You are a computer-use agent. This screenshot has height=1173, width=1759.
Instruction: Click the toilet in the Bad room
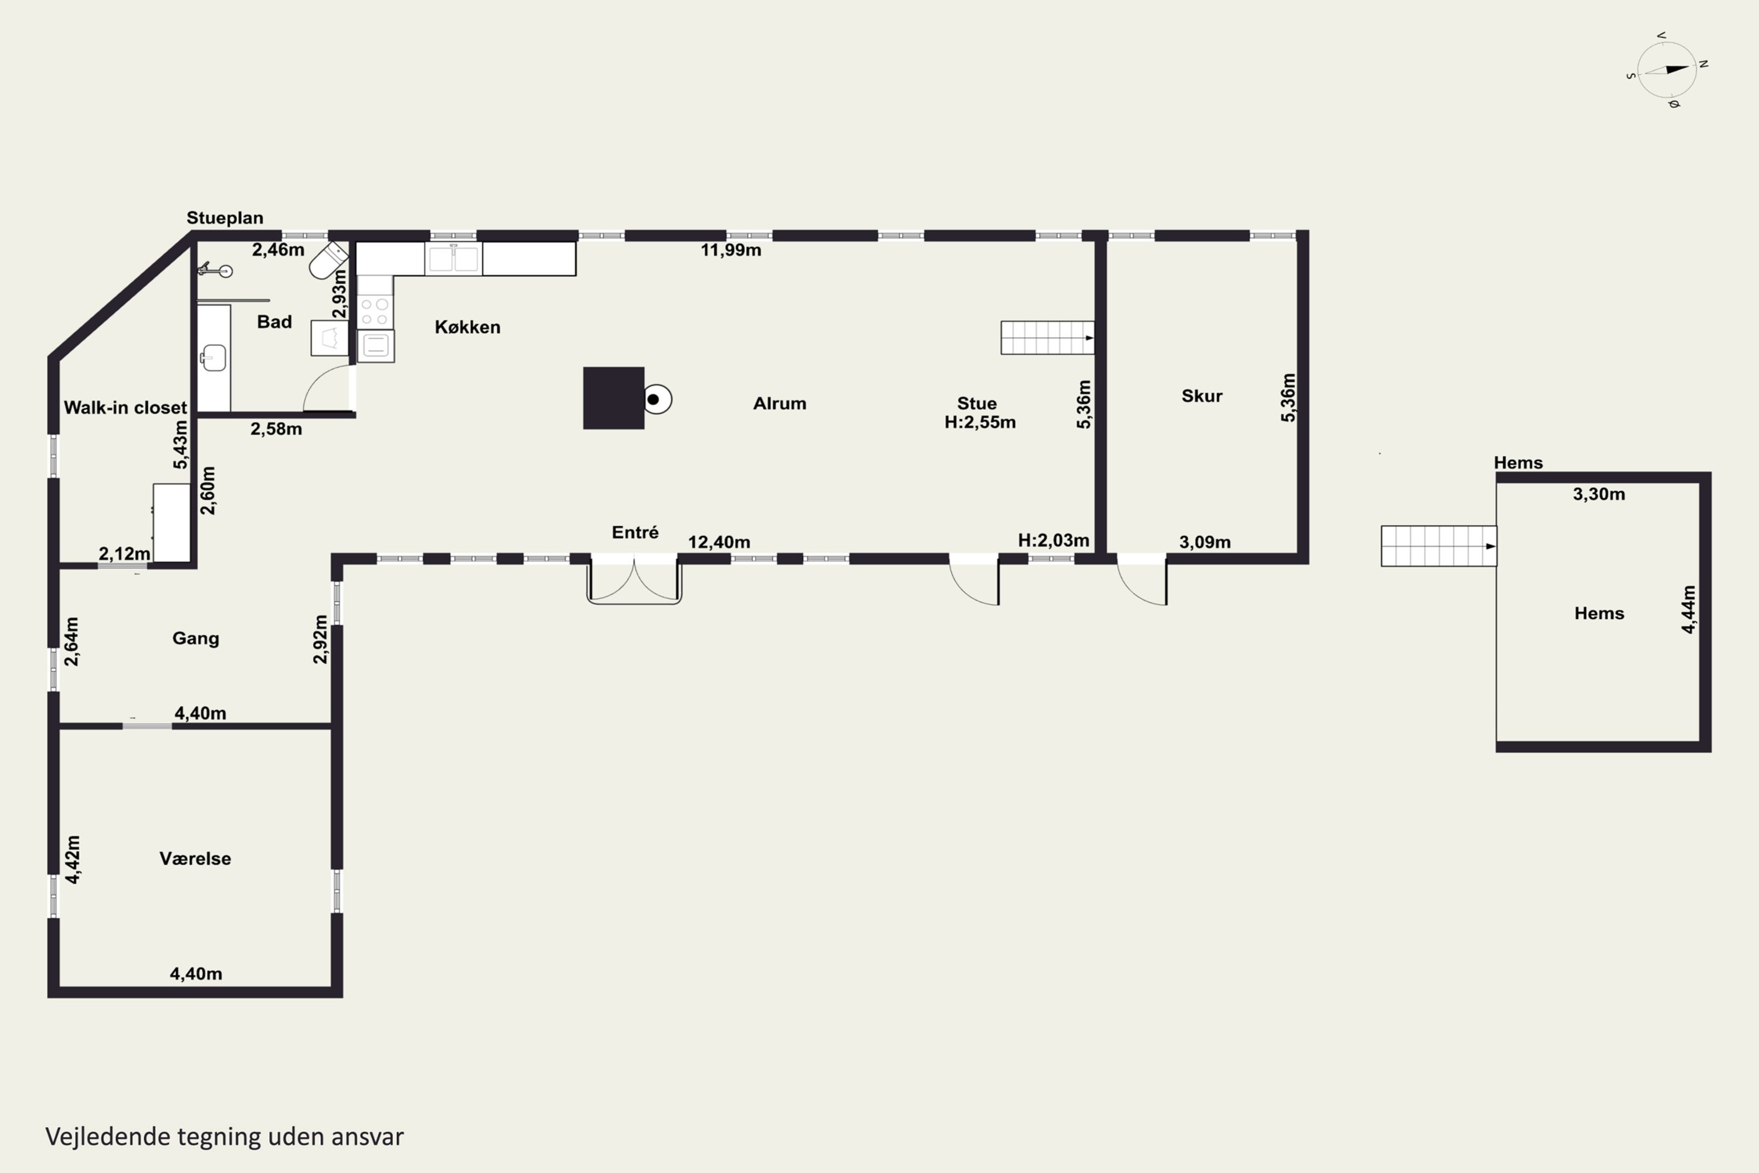tap(328, 260)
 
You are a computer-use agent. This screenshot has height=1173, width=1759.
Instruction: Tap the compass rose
tap(1667, 70)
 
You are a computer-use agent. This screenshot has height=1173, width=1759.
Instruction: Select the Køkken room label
tap(467, 327)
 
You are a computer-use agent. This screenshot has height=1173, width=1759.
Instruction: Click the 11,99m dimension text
tap(731, 250)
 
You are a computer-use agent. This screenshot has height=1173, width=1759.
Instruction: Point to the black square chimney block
tap(613, 398)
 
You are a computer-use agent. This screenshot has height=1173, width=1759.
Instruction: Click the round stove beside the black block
tap(657, 399)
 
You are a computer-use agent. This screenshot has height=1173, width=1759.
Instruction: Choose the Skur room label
tap(1202, 396)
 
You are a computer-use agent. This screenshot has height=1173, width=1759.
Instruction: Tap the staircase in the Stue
tap(1047, 337)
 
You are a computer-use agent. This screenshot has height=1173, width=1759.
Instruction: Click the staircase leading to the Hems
tap(1439, 546)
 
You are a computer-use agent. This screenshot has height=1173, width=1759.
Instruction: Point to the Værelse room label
tap(195, 858)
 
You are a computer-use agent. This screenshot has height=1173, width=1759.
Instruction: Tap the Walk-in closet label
tap(125, 408)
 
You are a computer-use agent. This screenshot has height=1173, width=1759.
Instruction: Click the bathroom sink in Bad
tap(213, 358)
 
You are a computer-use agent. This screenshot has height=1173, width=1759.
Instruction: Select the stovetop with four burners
tap(375, 312)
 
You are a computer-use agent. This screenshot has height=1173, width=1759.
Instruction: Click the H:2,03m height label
tap(1053, 540)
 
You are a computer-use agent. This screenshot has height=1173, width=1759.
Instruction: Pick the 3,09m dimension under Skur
tap(1205, 543)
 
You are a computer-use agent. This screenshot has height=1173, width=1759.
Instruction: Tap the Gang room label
tap(195, 638)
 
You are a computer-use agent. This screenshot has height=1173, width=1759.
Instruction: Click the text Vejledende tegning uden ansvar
tap(225, 1137)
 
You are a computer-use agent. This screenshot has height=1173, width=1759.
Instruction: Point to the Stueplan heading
tap(225, 218)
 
